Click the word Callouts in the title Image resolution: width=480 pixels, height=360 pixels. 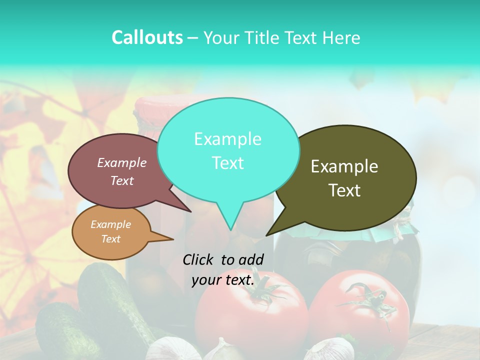[147, 37]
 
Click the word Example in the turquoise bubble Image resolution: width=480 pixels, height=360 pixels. [227, 139]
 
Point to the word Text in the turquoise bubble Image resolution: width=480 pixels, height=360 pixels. [227, 163]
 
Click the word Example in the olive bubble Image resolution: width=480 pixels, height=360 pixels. [344, 166]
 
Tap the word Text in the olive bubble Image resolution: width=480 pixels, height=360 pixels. [344, 190]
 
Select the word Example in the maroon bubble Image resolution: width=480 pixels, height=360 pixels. [121, 162]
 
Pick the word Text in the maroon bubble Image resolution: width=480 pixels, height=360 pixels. [121, 181]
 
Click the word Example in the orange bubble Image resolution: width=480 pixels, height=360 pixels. [110, 224]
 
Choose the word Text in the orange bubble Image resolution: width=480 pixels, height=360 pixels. [110, 239]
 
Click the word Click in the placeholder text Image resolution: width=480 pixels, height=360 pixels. [198, 259]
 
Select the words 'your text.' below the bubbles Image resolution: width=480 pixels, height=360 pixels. [223, 280]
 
